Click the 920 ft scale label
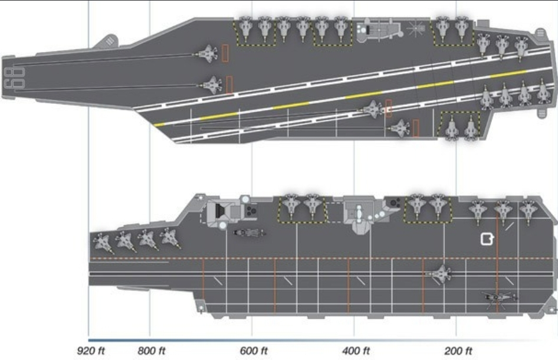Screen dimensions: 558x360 click(x=91, y=351)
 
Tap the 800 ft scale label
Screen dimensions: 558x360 click(x=152, y=351)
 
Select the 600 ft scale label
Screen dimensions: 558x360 click(x=254, y=351)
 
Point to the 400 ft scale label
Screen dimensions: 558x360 click(x=356, y=351)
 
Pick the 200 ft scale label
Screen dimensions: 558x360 click(x=458, y=351)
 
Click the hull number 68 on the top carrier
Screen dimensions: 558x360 click(x=14, y=78)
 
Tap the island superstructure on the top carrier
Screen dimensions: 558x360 click(x=378, y=30)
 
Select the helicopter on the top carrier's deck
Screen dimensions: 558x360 click(x=416, y=28)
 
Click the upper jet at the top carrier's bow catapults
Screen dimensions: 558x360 click(x=206, y=54)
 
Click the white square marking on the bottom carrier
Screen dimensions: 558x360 click(x=487, y=239)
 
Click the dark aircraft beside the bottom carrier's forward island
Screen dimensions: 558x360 click(x=249, y=233)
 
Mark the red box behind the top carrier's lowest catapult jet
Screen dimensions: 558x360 click(x=415, y=128)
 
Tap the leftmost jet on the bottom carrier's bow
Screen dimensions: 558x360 click(x=103, y=243)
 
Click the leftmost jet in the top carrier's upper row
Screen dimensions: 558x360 click(x=245, y=28)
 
